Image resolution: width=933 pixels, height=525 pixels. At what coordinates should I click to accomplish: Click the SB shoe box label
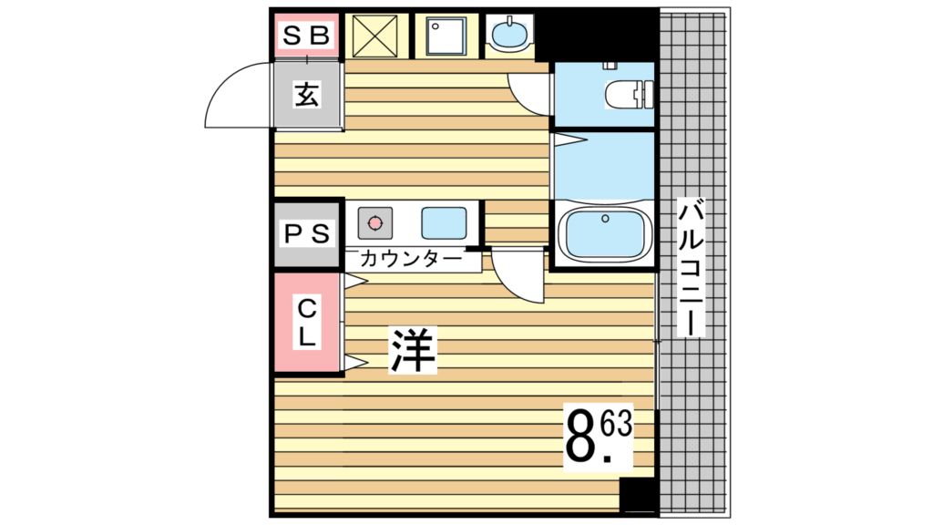point(306,36)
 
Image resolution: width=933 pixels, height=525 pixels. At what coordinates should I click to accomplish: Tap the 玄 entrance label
point(307,95)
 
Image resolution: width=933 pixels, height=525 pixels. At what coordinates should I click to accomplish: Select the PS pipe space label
point(307,232)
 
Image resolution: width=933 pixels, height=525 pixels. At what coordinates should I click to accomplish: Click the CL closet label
point(307,322)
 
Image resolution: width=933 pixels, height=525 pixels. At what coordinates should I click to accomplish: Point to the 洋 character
point(415,349)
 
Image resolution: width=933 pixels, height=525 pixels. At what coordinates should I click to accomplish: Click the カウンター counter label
point(411,259)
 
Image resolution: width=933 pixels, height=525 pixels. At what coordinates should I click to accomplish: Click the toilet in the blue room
point(630,93)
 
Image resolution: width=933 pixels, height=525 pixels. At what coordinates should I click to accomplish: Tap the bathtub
point(604,233)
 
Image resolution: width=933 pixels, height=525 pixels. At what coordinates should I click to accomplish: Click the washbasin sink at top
point(508,36)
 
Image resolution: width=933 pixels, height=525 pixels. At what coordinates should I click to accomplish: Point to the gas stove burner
point(374,221)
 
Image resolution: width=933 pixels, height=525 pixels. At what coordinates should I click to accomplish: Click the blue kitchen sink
point(443,221)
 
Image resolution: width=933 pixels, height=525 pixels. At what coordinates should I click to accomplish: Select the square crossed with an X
point(375,36)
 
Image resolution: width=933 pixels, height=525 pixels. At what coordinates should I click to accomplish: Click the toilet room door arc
point(528,92)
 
